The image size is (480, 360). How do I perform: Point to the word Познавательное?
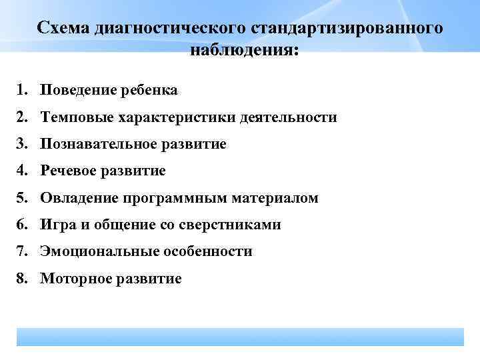(99, 144)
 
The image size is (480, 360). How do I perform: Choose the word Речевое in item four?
(69, 171)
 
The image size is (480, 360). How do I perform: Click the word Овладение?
(75, 198)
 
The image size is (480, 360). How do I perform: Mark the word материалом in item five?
(275, 198)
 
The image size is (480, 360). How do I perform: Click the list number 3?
(22, 144)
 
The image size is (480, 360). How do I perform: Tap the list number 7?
(22, 252)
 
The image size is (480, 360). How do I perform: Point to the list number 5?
(22, 198)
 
